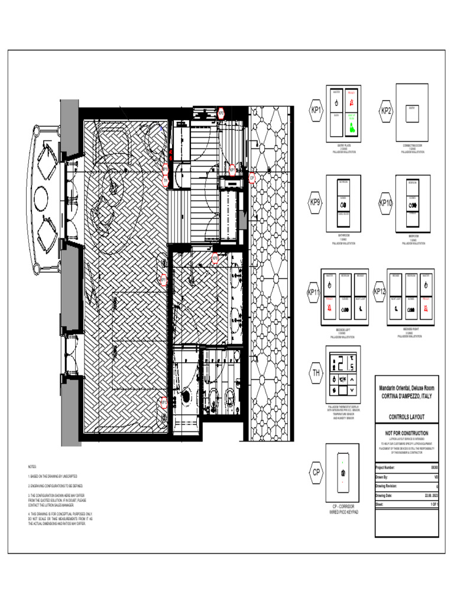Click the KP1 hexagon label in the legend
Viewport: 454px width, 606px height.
pyautogui.click(x=317, y=110)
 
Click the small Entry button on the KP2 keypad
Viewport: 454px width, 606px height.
pyautogui.click(x=412, y=109)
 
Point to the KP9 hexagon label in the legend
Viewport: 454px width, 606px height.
pyautogui.click(x=316, y=202)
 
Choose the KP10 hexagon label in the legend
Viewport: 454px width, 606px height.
pyautogui.click(x=386, y=203)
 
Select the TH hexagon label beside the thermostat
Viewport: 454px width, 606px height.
pyautogui.click(x=316, y=373)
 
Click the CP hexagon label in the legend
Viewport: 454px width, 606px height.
pyautogui.click(x=316, y=472)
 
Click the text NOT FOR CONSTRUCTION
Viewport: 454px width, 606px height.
pyautogui.click(x=407, y=433)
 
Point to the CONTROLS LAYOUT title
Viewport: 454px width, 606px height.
pyautogui.click(x=407, y=417)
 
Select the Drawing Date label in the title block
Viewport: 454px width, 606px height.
pyautogui.click(x=385, y=495)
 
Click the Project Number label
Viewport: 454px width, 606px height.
pyautogui.click(x=387, y=467)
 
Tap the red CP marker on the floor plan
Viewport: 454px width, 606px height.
pyautogui.click(x=252, y=177)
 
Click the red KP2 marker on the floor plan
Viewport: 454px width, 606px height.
pyautogui.click(x=220, y=113)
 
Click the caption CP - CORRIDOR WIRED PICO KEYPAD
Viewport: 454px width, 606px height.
pyautogui.click(x=344, y=510)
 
